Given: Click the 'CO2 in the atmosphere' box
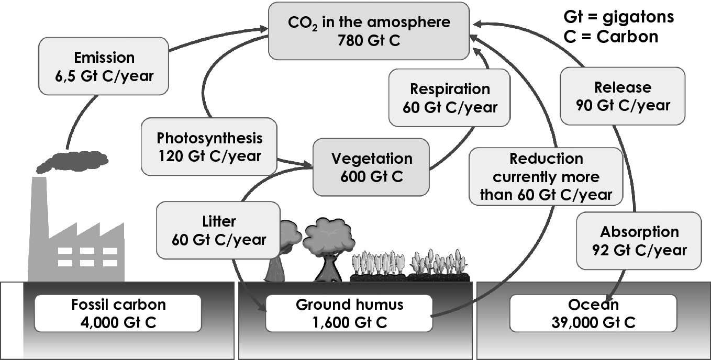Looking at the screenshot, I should click(x=369, y=30).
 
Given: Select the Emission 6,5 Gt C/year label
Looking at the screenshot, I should click(x=104, y=66).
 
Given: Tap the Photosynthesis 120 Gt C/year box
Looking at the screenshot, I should click(x=209, y=147).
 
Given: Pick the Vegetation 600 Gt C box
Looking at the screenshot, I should click(x=371, y=167).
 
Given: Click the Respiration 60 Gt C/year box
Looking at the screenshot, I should click(x=450, y=97).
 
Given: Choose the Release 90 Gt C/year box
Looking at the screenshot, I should click(x=623, y=96).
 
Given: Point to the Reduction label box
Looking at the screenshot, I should click(x=546, y=176).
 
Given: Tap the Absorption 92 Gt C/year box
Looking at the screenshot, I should click(x=639, y=240).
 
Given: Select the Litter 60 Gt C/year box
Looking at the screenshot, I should click(x=219, y=230).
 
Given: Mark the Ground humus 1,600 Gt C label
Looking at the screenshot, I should click(x=349, y=313).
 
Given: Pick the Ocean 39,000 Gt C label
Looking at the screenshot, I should click(x=593, y=313).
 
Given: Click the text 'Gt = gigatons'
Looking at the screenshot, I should click(x=618, y=17).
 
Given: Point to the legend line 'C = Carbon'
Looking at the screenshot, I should click(x=610, y=37).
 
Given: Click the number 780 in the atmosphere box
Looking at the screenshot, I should click(x=351, y=39).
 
